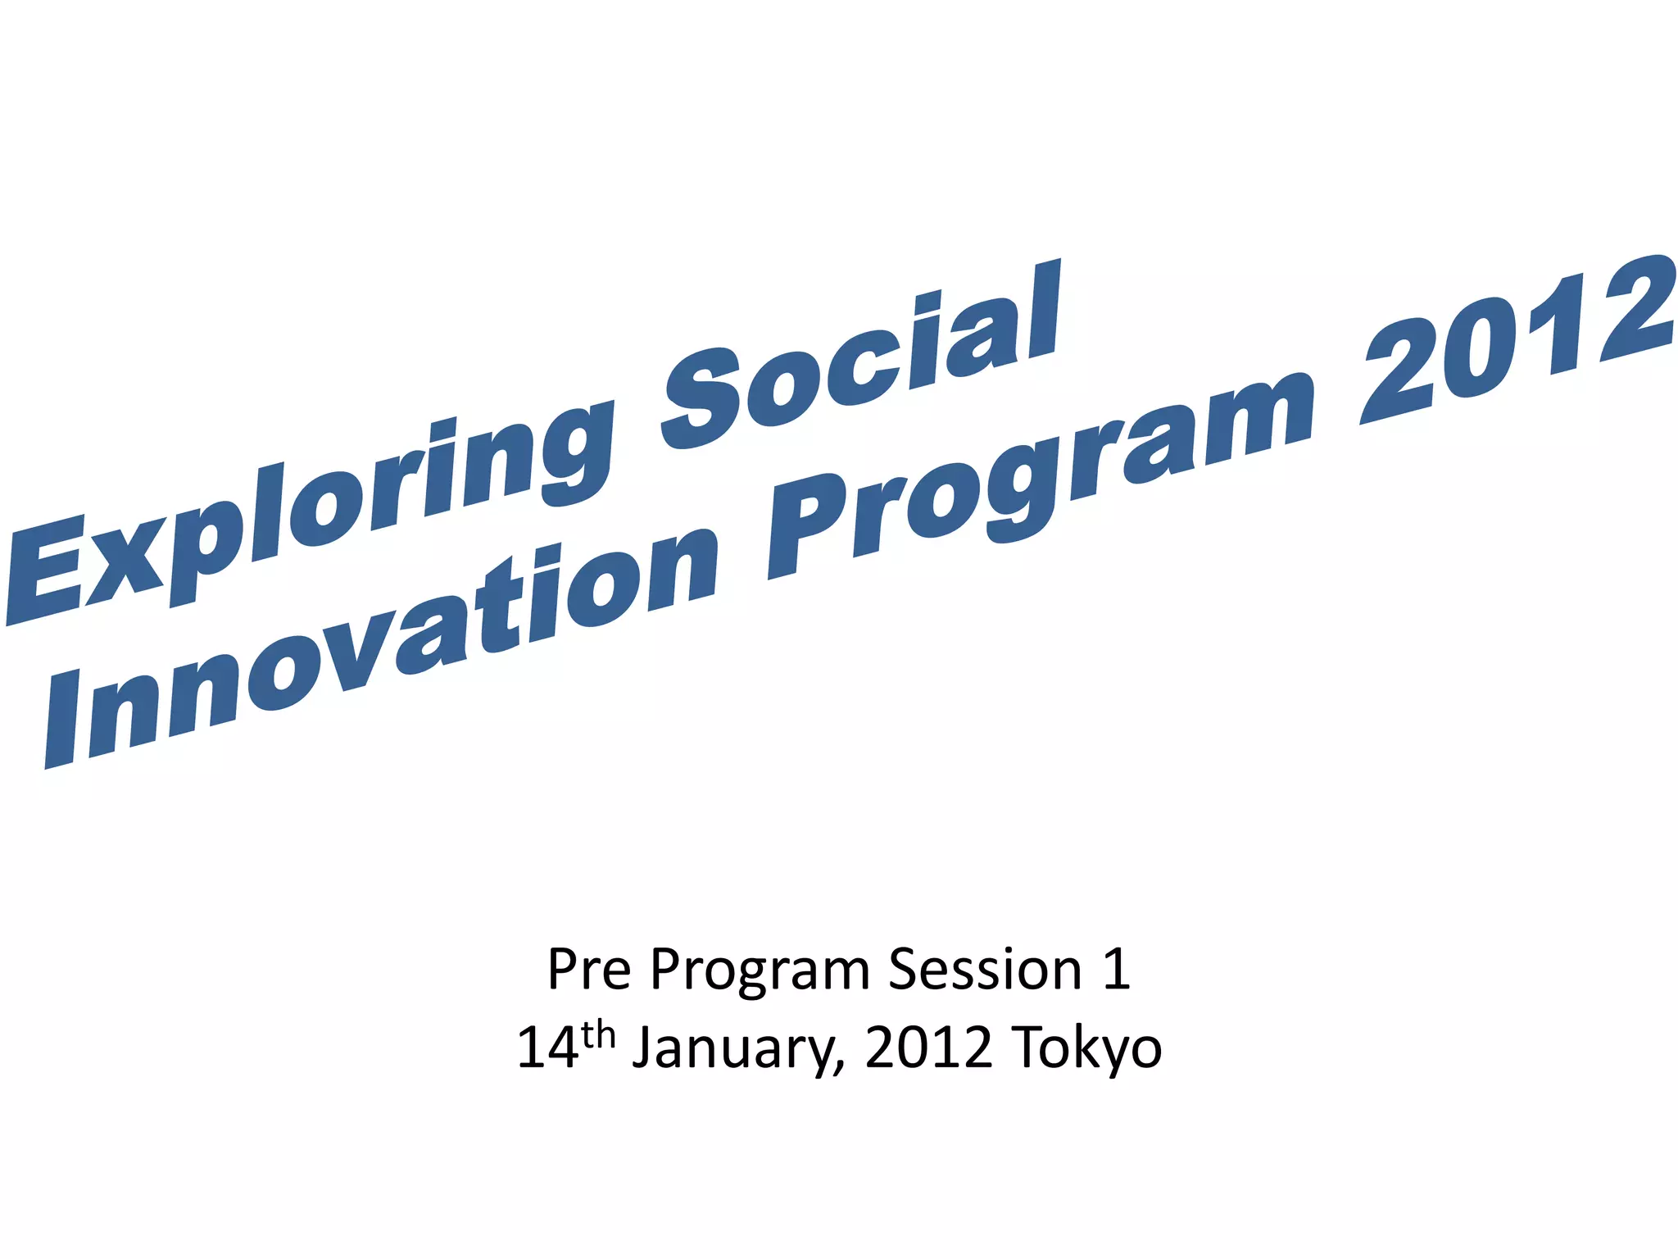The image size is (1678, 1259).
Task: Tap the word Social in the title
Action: coord(860,361)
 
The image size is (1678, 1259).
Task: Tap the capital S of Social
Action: coord(705,402)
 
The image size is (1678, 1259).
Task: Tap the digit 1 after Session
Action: coord(1116,970)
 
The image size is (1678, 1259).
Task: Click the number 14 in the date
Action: coord(547,1048)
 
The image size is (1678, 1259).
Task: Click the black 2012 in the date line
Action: coord(927,1048)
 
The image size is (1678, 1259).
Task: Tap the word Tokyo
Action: coord(1086,1050)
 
